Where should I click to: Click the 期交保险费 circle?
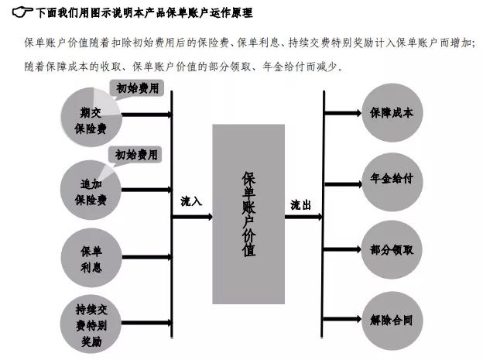click(x=91, y=117)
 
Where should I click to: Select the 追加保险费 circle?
click(x=91, y=190)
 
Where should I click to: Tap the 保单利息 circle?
click(x=91, y=258)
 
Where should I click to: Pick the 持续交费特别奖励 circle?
click(x=91, y=324)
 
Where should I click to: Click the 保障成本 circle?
click(x=392, y=113)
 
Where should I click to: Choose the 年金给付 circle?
click(x=392, y=182)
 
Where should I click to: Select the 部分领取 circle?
click(x=392, y=250)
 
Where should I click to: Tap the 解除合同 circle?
click(x=392, y=321)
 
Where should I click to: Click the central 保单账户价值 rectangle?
click(x=248, y=214)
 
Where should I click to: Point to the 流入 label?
click(x=191, y=201)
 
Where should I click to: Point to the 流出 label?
click(x=300, y=204)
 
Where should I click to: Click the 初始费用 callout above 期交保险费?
click(x=137, y=88)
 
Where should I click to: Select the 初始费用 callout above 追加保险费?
click(x=135, y=155)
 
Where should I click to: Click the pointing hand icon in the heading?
click(x=22, y=12)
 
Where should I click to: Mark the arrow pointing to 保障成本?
click(x=343, y=113)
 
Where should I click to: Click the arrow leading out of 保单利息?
click(x=147, y=257)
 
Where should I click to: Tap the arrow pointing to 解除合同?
click(x=341, y=319)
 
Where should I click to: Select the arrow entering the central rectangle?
click(x=192, y=217)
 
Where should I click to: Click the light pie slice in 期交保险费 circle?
click(x=105, y=102)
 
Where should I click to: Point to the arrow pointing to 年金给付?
click(x=343, y=184)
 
